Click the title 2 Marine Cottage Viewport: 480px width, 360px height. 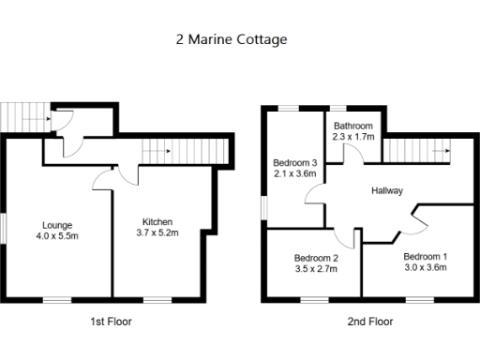[x=231, y=40]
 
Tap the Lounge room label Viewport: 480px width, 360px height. [x=57, y=225]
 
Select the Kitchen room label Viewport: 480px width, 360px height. [x=157, y=221]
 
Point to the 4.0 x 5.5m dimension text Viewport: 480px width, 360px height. [x=57, y=236]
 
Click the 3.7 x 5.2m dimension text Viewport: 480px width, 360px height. [x=157, y=232]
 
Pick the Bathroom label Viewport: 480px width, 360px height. [x=353, y=127]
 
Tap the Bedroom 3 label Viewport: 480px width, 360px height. [x=295, y=160]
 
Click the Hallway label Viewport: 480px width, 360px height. [x=387, y=190]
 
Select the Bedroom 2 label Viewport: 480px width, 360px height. [x=316, y=258]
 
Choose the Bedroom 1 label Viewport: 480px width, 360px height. [x=426, y=256]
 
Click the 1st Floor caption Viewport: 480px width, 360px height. [x=111, y=322]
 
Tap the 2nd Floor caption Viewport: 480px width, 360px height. [x=370, y=322]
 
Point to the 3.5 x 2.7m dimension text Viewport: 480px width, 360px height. [x=316, y=269]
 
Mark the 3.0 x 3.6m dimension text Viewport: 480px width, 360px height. [x=426, y=267]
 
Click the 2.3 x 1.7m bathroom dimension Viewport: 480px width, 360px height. [x=353, y=138]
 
